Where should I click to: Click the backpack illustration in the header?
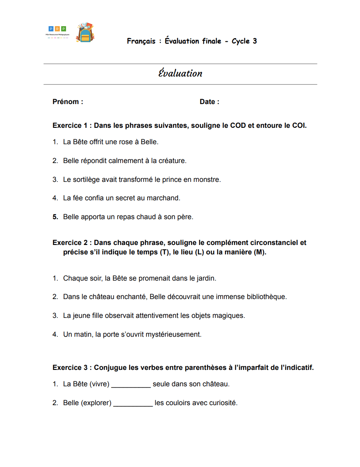pyautogui.click(x=85, y=33)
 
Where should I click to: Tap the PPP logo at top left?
pyautogui.click(x=57, y=31)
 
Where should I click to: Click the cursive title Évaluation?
pyautogui.click(x=180, y=73)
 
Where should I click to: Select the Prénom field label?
pyautogui.click(x=68, y=102)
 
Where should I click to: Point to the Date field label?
pyautogui.click(x=209, y=102)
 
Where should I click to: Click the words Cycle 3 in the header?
pyautogui.click(x=244, y=41)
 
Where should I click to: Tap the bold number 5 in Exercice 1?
pyautogui.click(x=55, y=217)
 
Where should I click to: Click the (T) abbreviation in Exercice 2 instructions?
pyautogui.click(x=164, y=252)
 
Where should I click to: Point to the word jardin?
pyautogui.click(x=205, y=279)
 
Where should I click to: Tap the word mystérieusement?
pyautogui.click(x=176, y=335)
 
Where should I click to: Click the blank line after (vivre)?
pyautogui.click(x=131, y=385)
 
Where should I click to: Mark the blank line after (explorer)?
pyautogui.click(x=133, y=404)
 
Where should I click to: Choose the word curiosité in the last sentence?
pyautogui.click(x=223, y=403)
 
